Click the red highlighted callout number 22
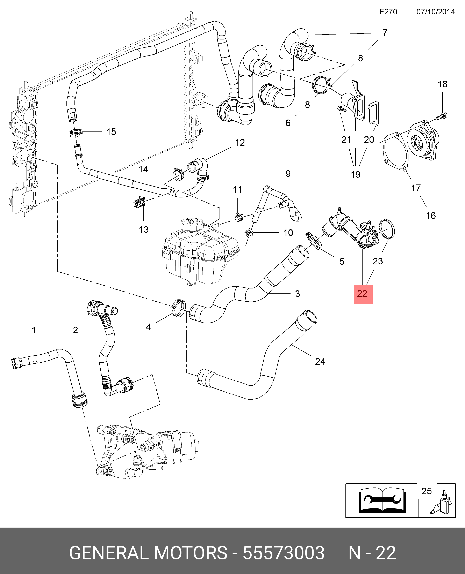click(x=363, y=294)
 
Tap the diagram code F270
click(x=388, y=12)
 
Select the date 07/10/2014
click(x=436, y=12)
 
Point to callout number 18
click(x=442, y=84)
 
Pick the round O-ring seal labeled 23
click(x=387, y=229)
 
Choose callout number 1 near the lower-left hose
click(x=34, y=330)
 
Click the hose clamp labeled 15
click(x=76, y=132)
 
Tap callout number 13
click(x=144, y=229)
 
